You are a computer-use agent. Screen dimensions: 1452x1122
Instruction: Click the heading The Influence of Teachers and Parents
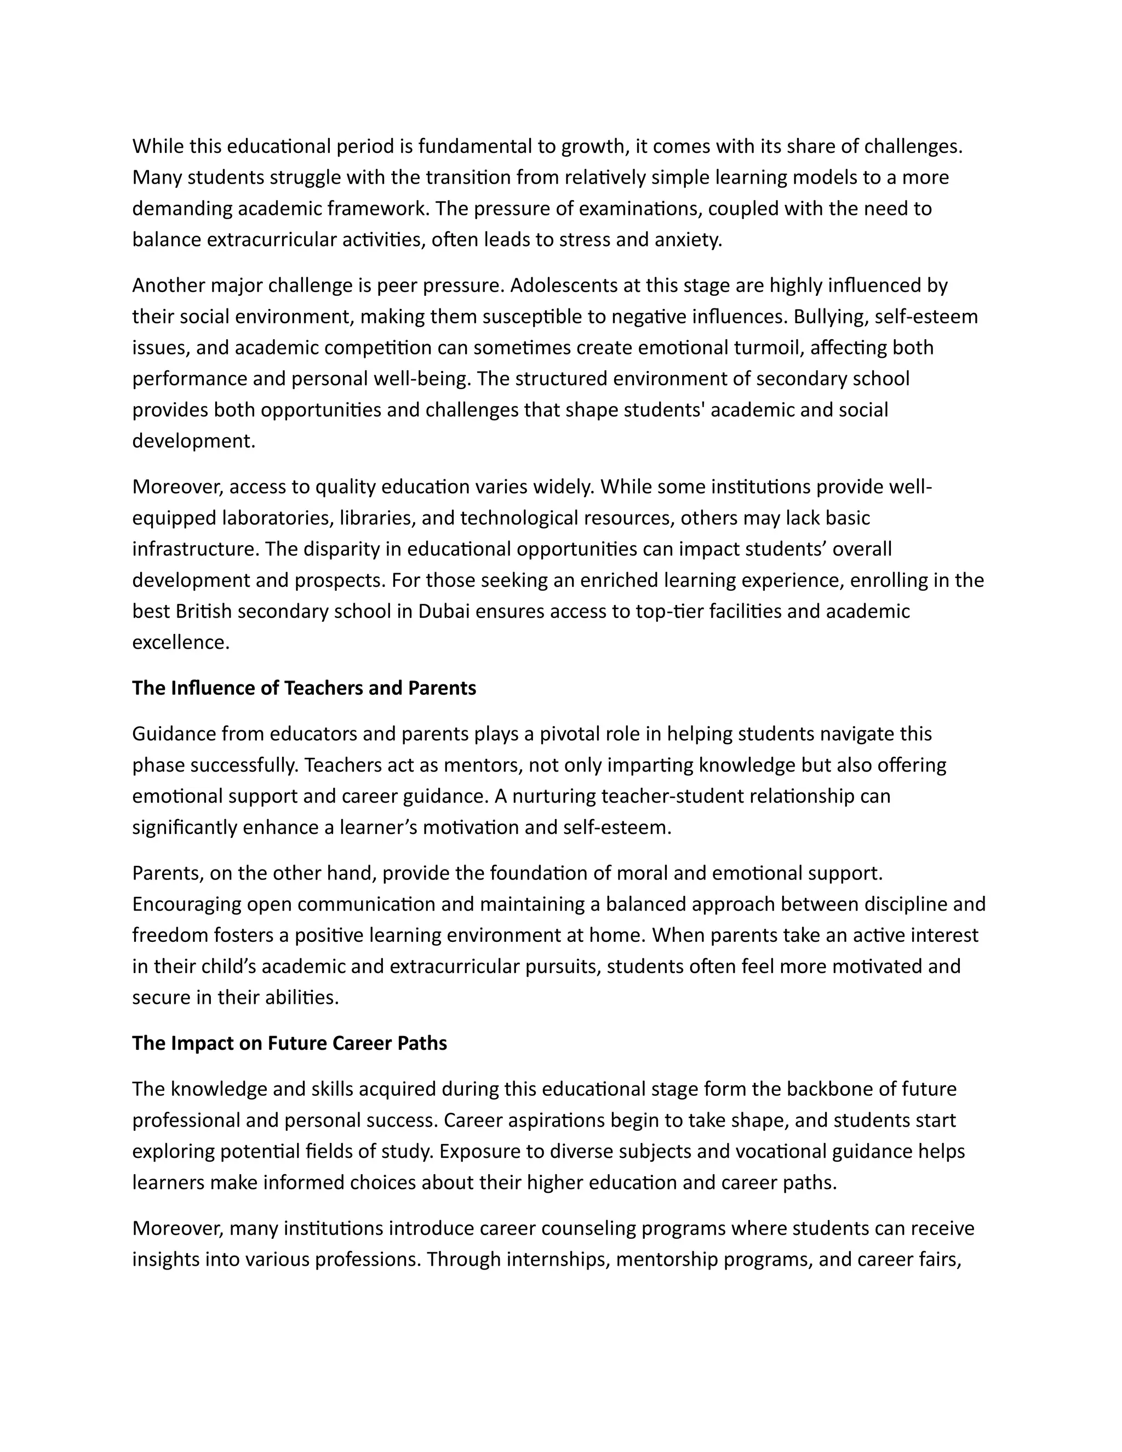click(x=304, y=688)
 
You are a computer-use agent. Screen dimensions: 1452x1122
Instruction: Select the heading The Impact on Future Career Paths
click(x=289, y=1043)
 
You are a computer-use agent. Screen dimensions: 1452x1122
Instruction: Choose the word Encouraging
click(x=187, y=904)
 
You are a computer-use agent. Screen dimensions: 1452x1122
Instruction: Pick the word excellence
click(x=181, y=642)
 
